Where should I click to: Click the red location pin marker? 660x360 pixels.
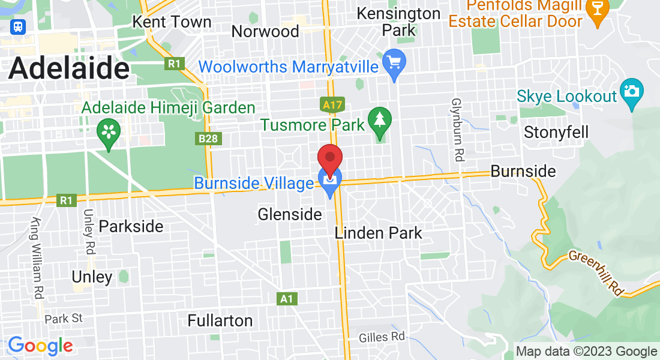point(329,159)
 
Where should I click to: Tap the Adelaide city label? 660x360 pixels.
point(68,68)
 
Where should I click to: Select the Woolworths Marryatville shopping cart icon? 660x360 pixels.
point(394,63)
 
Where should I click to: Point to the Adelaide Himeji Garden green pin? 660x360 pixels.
point(109,132)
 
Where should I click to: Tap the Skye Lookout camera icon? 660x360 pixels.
point(631,92)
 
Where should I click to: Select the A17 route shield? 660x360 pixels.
point(332,106)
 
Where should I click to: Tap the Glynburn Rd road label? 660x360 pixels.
point(458,130)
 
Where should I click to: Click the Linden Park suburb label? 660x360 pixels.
point(378,233)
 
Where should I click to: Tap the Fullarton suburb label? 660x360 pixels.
point(220,320)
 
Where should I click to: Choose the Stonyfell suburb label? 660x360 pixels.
point(556,132)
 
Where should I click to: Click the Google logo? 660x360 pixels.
point(40,346)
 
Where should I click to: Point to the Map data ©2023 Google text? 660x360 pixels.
point(586,352)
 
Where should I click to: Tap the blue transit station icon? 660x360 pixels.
point(18,27)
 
